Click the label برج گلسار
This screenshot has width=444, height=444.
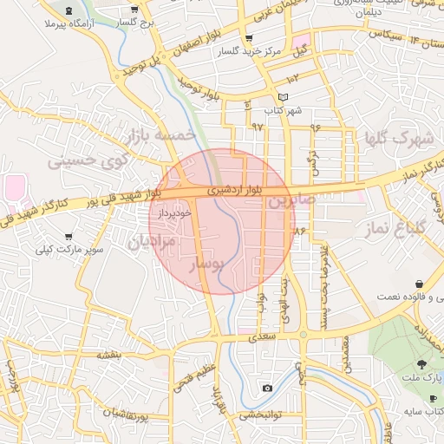click(x=135, y=21)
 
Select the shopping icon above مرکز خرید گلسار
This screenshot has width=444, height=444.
click(x=250, y=39)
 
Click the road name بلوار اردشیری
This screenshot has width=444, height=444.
click(x=232, y=189)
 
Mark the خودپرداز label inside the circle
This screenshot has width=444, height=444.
click(x=174, y=213)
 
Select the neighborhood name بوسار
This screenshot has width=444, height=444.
click(x=207, y=261)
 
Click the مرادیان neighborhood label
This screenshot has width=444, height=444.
click(x=152, y=240)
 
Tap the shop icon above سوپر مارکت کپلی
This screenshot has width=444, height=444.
click(x=69, y=237)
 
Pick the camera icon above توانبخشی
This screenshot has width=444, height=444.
click(x=267, y=388)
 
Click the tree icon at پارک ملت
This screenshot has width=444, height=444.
click(x=421, y=365)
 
